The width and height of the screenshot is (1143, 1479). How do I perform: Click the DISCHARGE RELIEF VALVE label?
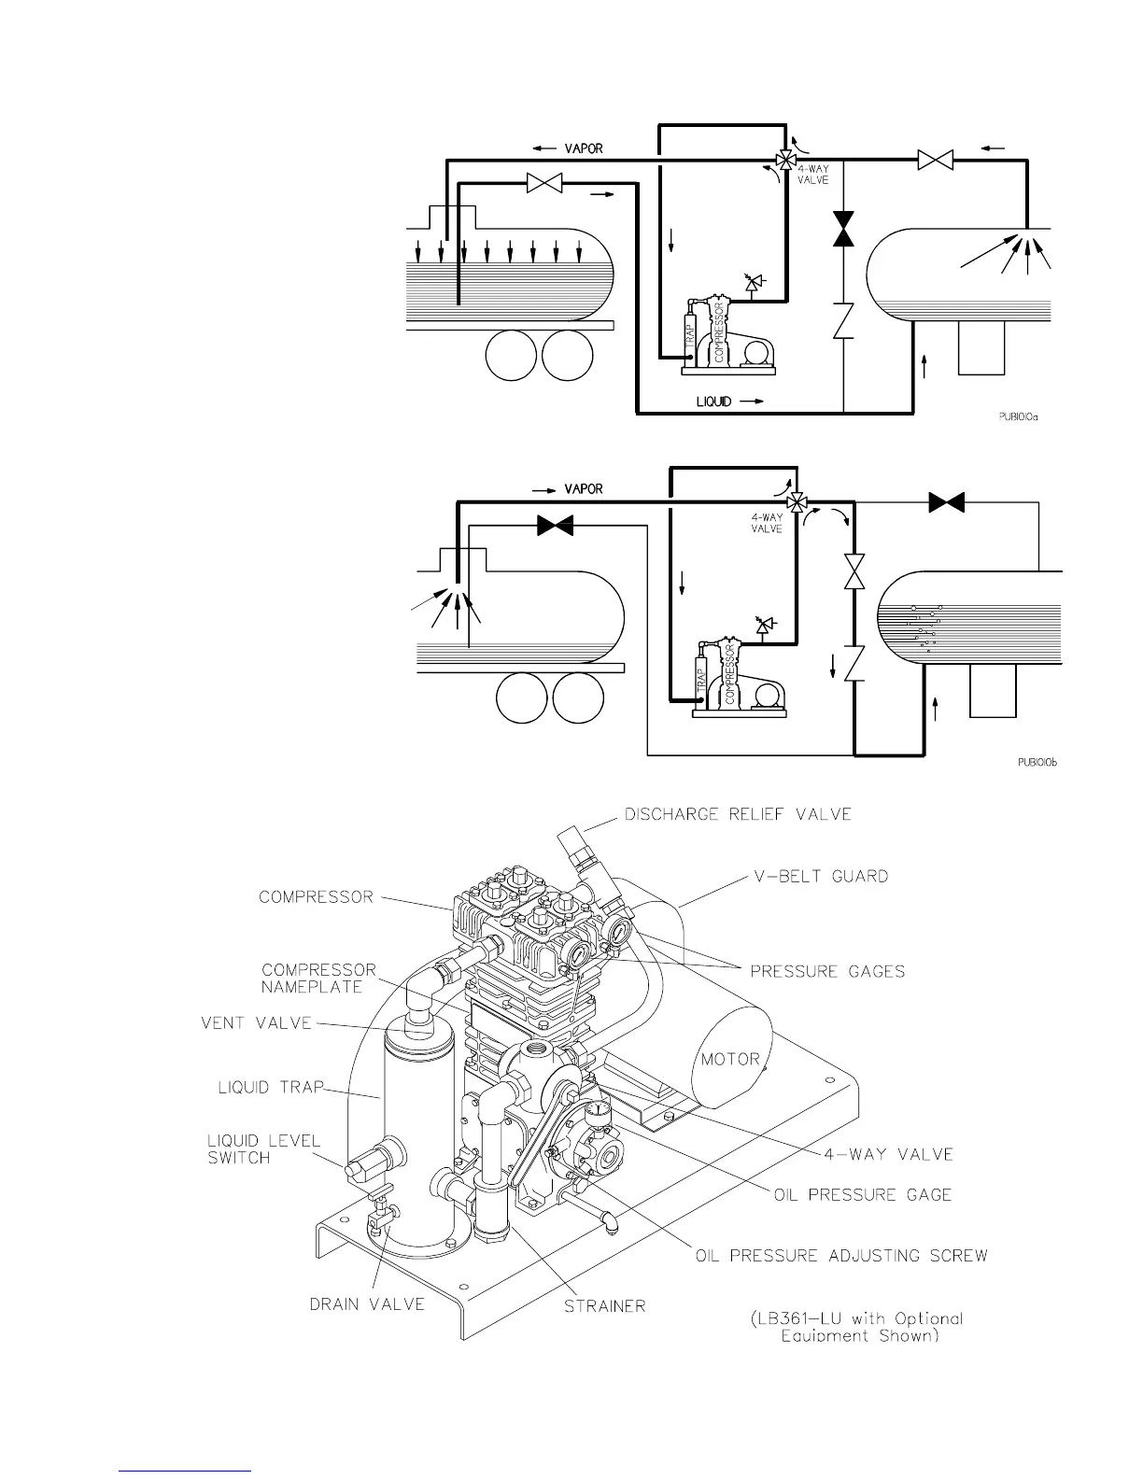click(738, 814)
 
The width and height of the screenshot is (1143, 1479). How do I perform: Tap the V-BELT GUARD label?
click(821, 877)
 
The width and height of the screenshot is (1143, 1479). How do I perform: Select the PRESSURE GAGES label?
click(827, 971)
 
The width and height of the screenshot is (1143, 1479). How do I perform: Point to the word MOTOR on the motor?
click(730, 1059)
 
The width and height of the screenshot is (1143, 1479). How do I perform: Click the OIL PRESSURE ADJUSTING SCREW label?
click(841, 1255)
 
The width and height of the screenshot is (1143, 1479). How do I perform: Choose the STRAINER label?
click(604, 1305)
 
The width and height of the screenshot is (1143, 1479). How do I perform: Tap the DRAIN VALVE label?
click(367, 1303)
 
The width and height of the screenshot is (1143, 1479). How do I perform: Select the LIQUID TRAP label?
click(270, 1087)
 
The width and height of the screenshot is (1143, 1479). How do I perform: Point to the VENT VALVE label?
click(256, 1022)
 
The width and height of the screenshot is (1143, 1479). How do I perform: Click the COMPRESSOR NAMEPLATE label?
click(317, 979)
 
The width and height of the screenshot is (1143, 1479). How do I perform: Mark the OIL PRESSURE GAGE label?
click(863, 1194)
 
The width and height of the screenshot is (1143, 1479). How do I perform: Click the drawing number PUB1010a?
click(1012, 417)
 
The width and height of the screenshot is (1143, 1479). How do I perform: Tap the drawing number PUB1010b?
click(1037, 762)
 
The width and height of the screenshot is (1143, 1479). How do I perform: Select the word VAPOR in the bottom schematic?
click(584, 489)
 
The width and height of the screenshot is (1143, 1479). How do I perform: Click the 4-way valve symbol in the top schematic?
click(785, 161)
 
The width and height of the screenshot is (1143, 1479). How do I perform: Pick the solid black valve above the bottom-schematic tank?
click(947, 503)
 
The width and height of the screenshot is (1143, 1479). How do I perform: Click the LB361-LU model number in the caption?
click(798, 1318)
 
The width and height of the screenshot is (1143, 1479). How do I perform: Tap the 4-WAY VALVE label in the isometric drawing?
click(888, 1154)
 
